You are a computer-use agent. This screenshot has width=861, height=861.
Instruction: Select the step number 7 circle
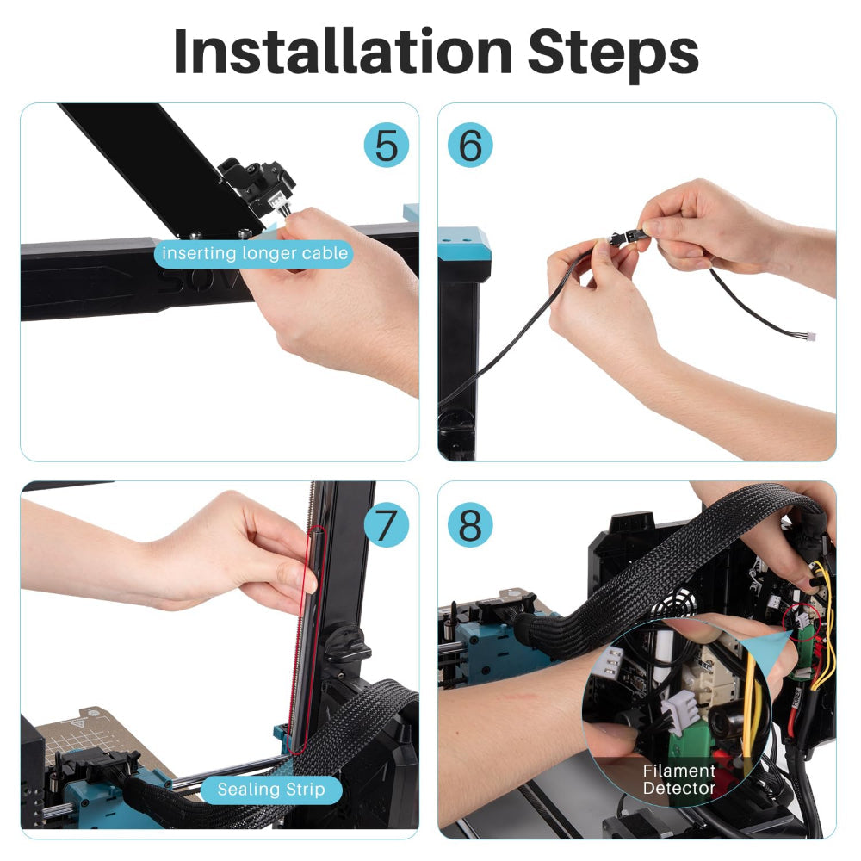tap(387, 523)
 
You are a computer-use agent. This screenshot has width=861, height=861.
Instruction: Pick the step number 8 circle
tap(470, 523)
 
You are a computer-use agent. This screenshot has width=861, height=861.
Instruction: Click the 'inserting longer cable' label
tap(255, 253)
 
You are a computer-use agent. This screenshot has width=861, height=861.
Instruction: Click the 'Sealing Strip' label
tap(271, 789)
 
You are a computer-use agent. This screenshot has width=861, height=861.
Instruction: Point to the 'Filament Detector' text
tap(679, 779)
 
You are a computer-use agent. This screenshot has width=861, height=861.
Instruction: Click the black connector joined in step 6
tap(625, 238)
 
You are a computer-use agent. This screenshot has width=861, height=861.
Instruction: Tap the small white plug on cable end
tap(809, 338)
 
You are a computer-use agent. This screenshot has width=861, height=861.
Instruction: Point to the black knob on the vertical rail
tap(349, 641)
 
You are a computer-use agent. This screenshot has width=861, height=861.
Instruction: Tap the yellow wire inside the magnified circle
tap(751, 697)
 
